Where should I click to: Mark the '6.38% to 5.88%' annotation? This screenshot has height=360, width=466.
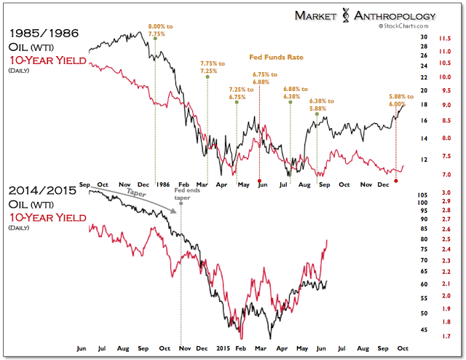click(319, 105)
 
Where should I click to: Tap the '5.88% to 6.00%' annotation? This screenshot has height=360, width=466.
click(397, 98)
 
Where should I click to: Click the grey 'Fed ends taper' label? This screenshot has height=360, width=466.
click(181, 194)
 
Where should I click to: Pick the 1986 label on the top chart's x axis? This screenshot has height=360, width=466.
click(163, 185)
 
